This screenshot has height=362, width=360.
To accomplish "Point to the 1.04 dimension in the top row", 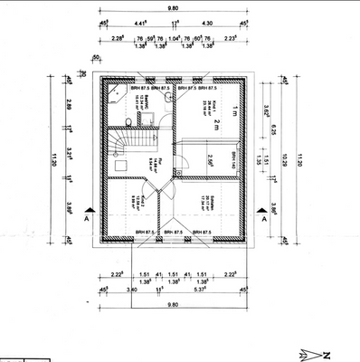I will (175, 38).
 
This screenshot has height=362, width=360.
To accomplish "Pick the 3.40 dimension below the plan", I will (133, 290).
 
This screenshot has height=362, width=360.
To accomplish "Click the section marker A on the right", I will (262, 218).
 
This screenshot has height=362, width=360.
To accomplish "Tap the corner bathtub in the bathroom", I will (115, 93).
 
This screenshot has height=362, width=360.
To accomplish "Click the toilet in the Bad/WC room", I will (131, 121).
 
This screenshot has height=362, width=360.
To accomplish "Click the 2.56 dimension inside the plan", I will (210, 161).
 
